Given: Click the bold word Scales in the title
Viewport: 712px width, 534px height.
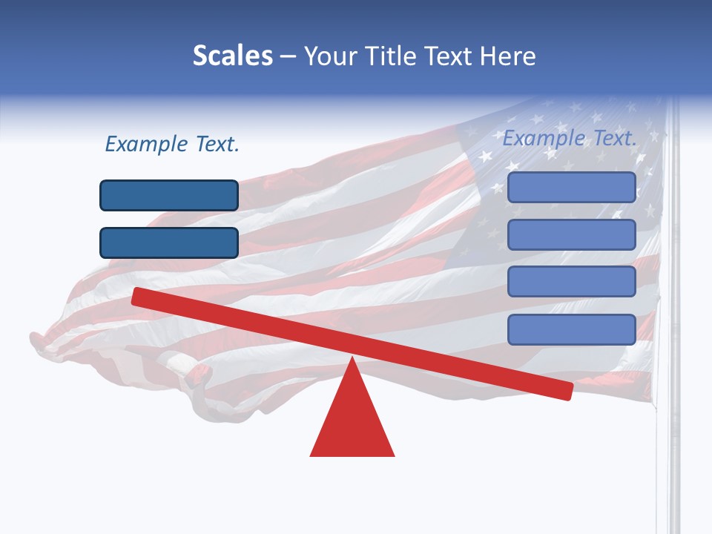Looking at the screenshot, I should point(233,56).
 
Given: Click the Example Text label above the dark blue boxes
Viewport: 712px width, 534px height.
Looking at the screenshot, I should point(172,145).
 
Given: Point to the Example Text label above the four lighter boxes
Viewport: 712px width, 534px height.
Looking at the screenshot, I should point(570,138).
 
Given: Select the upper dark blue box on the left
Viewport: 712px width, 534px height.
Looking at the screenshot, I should point(169,195).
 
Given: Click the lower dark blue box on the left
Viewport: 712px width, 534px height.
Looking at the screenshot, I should point(169,243).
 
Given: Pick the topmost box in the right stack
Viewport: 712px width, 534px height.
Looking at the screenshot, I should point(572,187).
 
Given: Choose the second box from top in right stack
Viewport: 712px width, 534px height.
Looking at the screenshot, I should point(572,234).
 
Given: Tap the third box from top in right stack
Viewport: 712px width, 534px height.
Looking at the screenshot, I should point(572,282).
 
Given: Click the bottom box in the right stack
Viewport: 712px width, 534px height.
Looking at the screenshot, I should point(572,329).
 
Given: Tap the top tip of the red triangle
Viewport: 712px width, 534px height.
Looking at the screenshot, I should point(352,360).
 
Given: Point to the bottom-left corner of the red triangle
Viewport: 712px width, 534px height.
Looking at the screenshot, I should point(311,455).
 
